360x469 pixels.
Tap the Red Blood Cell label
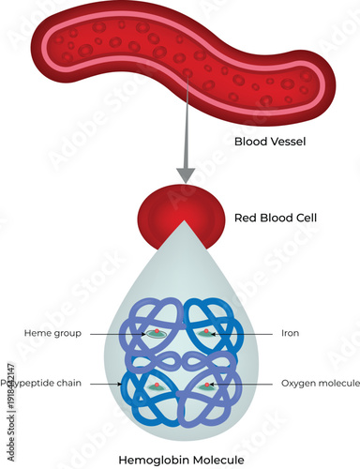point(276,218)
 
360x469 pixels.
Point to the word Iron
point(290,332)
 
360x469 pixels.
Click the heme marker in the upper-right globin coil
point(205,333)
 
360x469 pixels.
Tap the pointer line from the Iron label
point(244,332)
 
